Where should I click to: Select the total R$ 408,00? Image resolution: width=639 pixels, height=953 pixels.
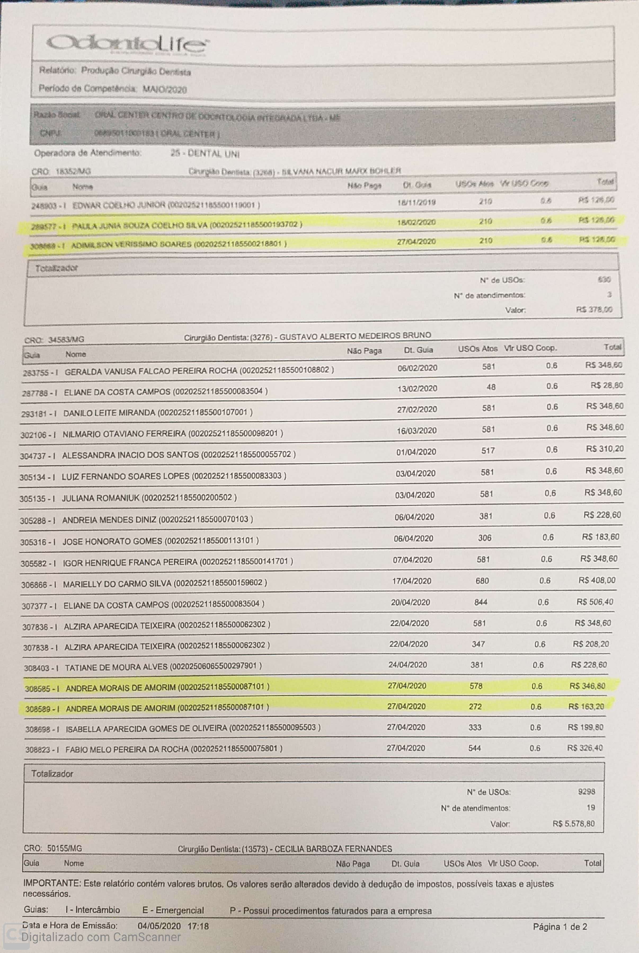click(x=597, y=580)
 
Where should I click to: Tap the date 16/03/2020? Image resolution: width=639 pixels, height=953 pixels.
click(x=416, y=430)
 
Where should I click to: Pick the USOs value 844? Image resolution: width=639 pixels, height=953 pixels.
click(x=481, y=602)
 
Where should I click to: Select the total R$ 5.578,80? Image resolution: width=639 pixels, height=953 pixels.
click(x=573, y=823)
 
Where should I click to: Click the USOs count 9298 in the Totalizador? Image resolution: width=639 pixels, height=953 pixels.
click(x=586, y=792)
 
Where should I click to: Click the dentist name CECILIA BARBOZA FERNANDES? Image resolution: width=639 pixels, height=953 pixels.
click(x=333, y=849)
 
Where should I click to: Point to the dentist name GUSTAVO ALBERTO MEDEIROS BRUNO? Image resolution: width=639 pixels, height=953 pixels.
click(x=355, y=336)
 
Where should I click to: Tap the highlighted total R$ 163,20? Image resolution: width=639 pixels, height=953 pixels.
click(x=585, y=706)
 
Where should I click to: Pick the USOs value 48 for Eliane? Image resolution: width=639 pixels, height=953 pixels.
click(x=491, y=387)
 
